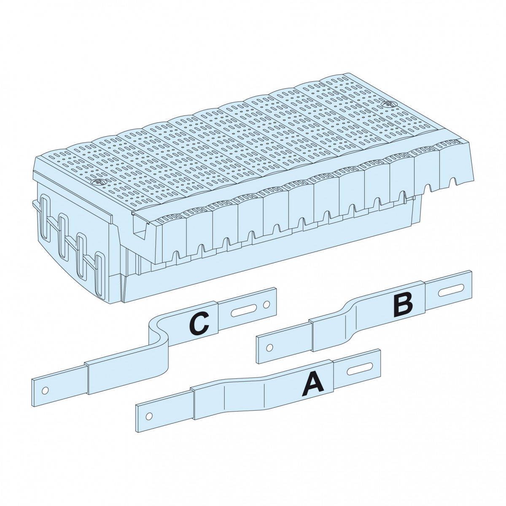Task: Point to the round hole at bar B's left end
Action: click(269, 347)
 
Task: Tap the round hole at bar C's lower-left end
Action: click(45, 390)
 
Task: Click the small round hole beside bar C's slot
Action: click(266, 304)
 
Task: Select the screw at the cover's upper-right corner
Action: click(388, 104)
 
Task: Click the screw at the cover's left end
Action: click(98, 181)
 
